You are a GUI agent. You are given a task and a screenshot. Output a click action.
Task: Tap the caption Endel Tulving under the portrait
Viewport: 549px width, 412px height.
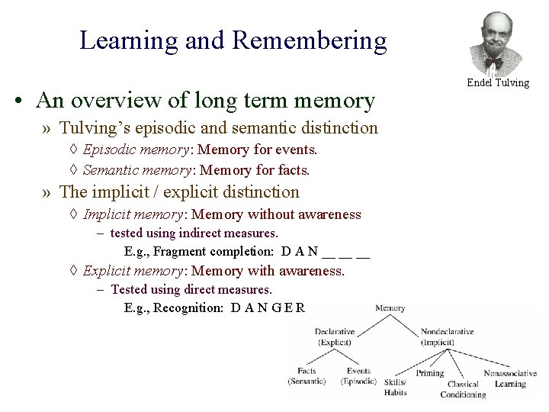click(x=498, y=82)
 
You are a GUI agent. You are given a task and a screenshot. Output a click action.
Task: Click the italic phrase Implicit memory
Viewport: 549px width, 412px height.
click(x=127, y=214)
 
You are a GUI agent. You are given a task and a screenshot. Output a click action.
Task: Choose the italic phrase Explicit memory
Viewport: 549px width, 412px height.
click(x=127, y=270)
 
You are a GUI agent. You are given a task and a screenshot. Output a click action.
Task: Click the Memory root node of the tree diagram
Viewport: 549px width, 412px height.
click(x=390, y=308)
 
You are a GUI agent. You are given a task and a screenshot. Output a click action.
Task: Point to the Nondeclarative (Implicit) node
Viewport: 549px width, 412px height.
click(x=447, y=336)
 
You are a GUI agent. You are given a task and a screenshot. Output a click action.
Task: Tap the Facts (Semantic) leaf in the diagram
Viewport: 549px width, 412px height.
click(x=307, y=375)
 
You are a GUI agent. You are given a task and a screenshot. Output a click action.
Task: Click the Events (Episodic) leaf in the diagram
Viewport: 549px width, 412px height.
click(x=358, y=375)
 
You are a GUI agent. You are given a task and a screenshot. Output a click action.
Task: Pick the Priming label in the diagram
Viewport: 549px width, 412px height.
click(x=430, y=375)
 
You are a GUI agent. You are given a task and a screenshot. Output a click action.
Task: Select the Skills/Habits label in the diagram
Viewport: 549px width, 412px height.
click(x=396, y=387)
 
